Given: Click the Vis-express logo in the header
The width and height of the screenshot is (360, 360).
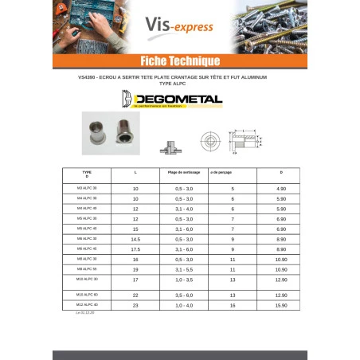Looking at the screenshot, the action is (178, 26).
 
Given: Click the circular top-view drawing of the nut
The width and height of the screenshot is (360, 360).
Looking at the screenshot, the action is (209, 141).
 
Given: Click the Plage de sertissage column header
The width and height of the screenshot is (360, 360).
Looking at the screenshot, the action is (182, 172).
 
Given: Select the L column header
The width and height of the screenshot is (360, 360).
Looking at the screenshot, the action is (135, 172).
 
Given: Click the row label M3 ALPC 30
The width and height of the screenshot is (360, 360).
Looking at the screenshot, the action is (87, 188).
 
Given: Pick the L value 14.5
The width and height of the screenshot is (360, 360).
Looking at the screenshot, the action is (135, 239).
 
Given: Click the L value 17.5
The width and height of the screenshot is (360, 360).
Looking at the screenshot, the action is (135, 249).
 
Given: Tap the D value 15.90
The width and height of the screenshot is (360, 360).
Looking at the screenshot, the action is (280, 306).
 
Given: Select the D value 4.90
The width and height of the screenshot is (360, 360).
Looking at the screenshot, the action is (280, 188).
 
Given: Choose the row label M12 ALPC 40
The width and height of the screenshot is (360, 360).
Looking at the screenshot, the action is (87, 305).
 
